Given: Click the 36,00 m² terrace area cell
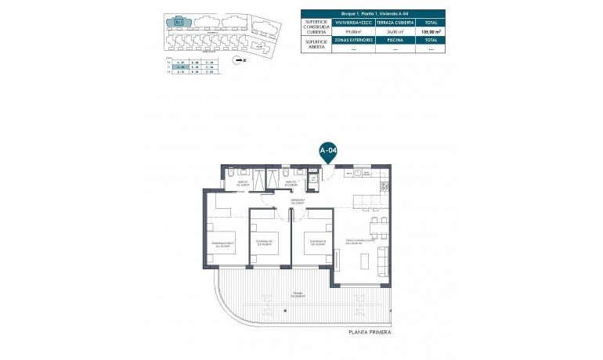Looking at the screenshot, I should click(395, 31).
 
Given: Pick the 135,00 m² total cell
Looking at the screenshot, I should click(430, 31).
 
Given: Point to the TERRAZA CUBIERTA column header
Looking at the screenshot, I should click(395, 23).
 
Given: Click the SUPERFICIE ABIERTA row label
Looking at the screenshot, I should click(319, 45).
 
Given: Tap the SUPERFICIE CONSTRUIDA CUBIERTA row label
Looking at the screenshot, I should click(319, 27).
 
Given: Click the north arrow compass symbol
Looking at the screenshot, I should click(239, 59).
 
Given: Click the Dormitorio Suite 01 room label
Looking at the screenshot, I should click(223, 243).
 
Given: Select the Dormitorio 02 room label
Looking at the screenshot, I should click(264, 241).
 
